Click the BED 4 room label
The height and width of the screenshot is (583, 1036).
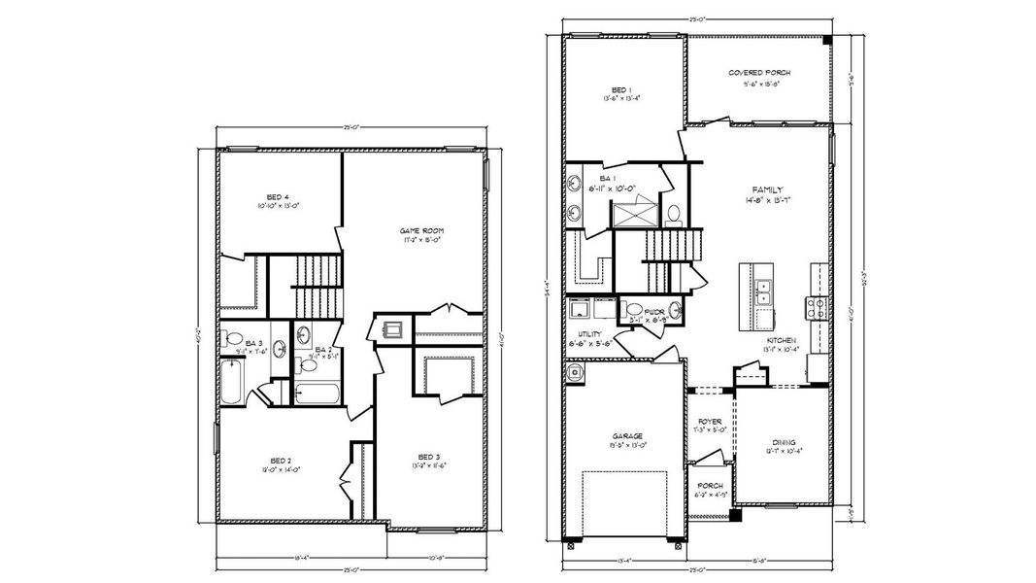pyautogui.click(x=252, y=196)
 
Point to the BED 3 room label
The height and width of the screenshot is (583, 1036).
pyautogui.click(x=429, y=457)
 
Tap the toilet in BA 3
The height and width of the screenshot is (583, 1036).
pyautogui.click(x=234, y=339)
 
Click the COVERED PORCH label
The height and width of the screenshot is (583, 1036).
pyautogui.click(x=759, y=73)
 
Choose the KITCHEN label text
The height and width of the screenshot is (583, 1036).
pyautogui.click(x=781, y=340)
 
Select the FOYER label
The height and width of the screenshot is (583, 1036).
pyautogui.click(x=709, y=421)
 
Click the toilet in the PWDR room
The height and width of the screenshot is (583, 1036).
pyautogui.click(x=674, y=309)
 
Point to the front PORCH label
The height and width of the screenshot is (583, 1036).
pyautogui.click(x=709, y=485)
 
